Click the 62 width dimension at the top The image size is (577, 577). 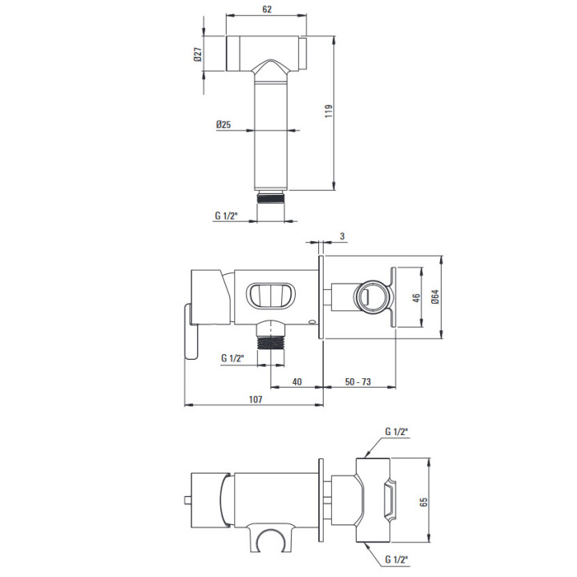pos(267,9)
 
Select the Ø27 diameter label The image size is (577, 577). pos(198,54)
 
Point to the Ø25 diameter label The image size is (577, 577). pos(224,124)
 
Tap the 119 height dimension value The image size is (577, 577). pos(329,111)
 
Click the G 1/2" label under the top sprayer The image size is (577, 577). pos(226,216)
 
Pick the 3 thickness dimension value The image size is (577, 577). pos(342,236)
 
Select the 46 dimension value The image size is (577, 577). pos(416,297)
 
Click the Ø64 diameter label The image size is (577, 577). pos(435,297)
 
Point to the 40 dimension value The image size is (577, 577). pos(297,381)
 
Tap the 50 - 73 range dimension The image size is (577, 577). pos(357,381)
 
